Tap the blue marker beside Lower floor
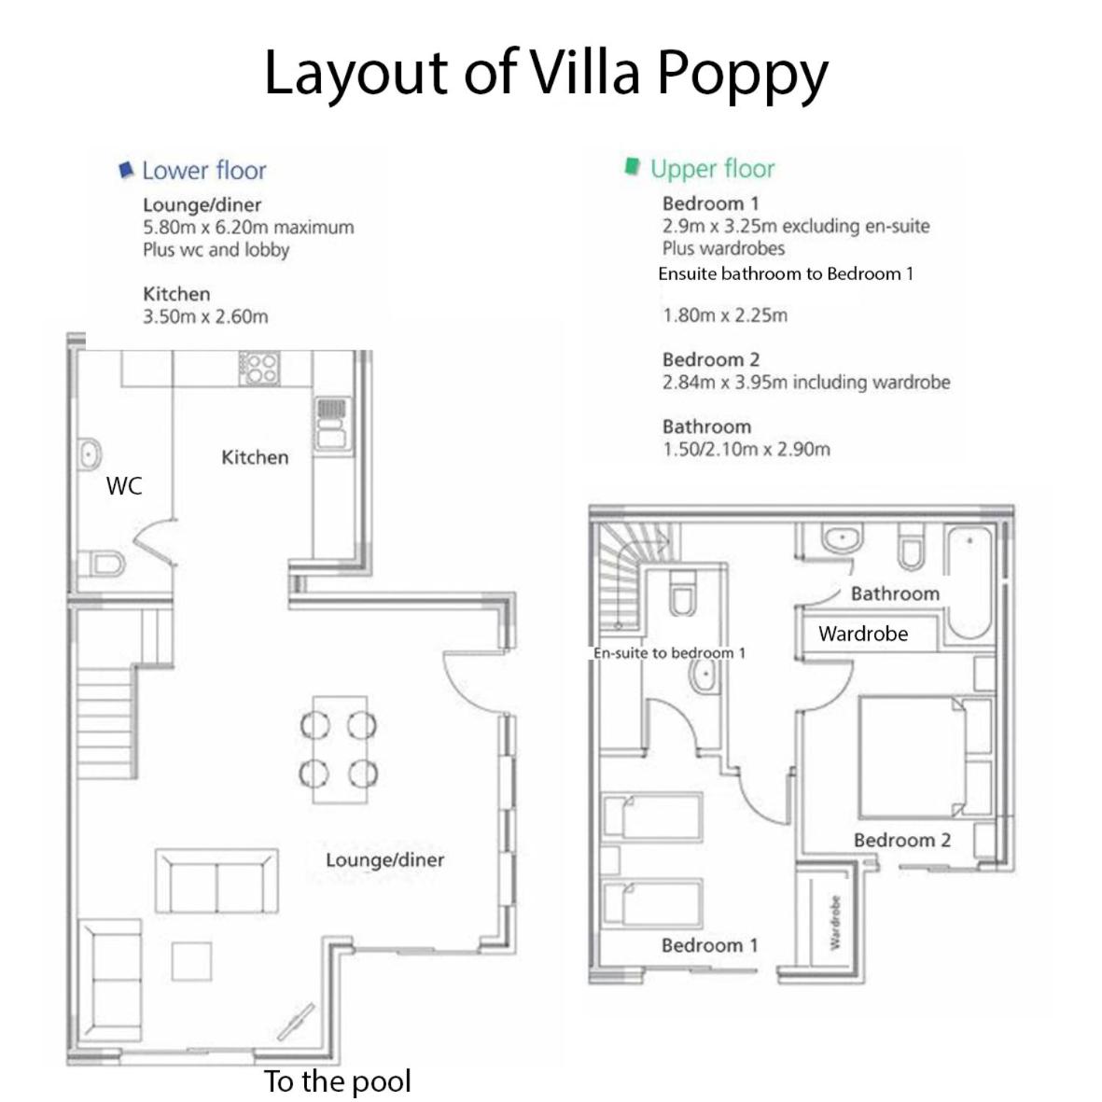tap(127, 170)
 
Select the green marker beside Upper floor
tap(633, 167)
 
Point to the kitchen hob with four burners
tap(259, 369)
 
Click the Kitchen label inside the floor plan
tap(255, 457)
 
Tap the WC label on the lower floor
tap(124, 485)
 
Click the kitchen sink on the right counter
tap(332, 424)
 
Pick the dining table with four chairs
tap(340, 749)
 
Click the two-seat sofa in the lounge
tap(216, 881)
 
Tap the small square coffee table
tap(191, 961)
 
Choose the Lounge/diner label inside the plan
tap(384, 860)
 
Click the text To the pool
tap(338, 1081)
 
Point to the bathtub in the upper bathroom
tap(969, 582)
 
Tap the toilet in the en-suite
tap(682, 593)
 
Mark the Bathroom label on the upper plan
tap(895, 593)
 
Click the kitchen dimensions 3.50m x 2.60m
tap(205, 317)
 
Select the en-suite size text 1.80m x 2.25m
tap(725, 315)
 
